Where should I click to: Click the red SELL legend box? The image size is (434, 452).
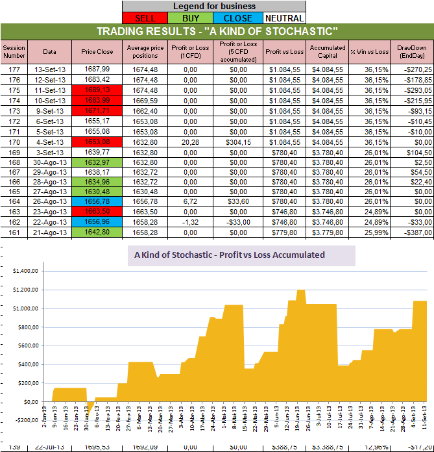(145, 18)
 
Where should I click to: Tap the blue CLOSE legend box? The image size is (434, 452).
(238, 18)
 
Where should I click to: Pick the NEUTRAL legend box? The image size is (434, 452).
(283, 18)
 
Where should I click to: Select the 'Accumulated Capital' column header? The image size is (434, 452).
(328, 51)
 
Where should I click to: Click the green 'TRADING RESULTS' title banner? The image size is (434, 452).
(217, 32)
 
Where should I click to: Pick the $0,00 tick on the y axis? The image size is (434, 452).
(25, 402)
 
